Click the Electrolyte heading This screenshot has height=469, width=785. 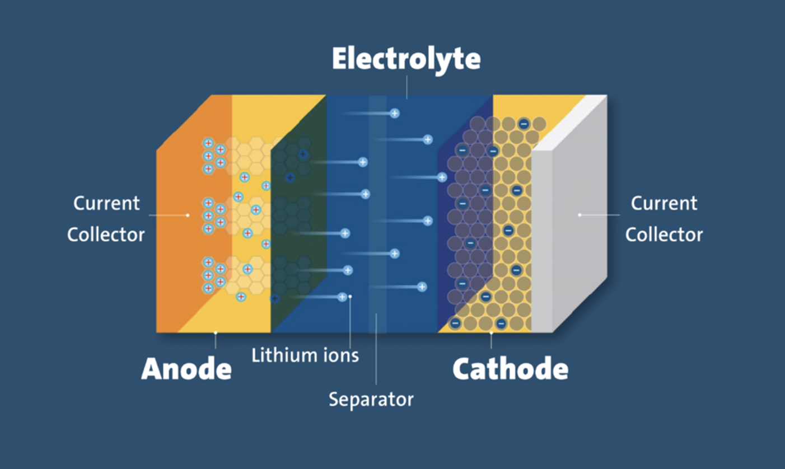406,59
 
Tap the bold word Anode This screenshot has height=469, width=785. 186,369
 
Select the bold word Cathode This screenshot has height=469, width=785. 510,369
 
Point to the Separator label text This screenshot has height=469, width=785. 371,399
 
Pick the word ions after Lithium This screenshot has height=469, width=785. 341,355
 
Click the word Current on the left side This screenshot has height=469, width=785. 106,203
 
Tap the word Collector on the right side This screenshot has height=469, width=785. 664,234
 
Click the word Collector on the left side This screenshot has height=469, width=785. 106,234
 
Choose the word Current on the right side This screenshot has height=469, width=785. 664,203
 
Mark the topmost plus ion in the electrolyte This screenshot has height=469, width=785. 395,114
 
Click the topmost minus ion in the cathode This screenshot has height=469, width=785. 524,124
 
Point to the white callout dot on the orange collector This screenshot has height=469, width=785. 188,215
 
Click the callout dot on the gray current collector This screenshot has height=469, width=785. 580,215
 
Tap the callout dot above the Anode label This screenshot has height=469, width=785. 216,333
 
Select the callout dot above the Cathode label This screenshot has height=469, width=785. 492,333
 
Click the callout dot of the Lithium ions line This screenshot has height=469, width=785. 350,297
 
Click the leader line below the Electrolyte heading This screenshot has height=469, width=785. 407,87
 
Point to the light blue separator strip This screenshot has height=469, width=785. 377,214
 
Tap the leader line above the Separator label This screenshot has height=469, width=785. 376,349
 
